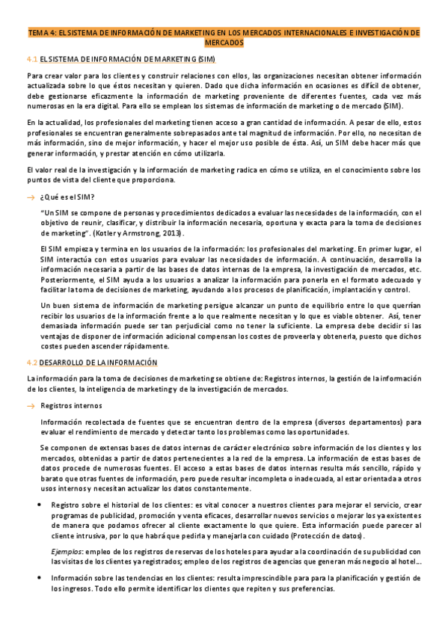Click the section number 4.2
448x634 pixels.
31,362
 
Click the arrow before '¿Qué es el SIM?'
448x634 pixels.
31,197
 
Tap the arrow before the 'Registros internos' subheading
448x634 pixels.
31,405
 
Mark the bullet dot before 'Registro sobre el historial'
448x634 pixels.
39,505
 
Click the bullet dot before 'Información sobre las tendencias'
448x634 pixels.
39,578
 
